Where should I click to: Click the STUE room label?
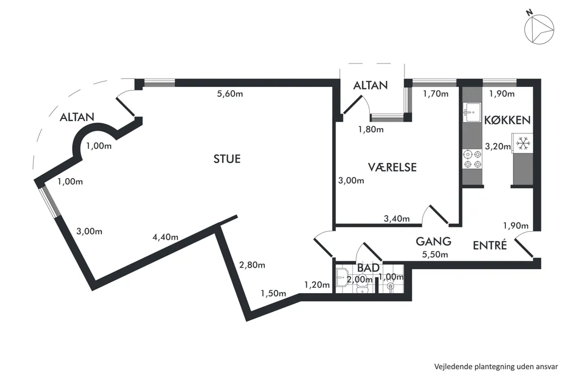pos(227,159)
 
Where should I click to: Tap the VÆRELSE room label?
pos(392,167)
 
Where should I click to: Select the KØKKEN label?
pos(507,119)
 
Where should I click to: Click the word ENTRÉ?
pos(490,245)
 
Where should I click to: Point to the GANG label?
pos(433,241)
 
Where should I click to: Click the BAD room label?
pos(368,268)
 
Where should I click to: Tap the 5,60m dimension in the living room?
pos(230,94)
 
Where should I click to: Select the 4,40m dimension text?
pos(165,237)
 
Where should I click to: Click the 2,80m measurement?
pos(252,265)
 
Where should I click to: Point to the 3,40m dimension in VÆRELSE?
pos(397,219)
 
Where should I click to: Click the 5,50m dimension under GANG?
pos(435,254)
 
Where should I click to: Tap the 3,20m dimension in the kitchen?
pos(498,146)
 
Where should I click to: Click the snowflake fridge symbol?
pos(523,143)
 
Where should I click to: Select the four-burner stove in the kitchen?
pos(472,159)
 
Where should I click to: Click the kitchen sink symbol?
pos(472,112)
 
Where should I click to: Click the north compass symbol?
pos(539,29)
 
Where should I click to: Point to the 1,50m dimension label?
pos(274,293)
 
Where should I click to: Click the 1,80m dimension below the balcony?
pos(371,129)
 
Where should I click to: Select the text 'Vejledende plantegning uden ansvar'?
pos(496,366)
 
